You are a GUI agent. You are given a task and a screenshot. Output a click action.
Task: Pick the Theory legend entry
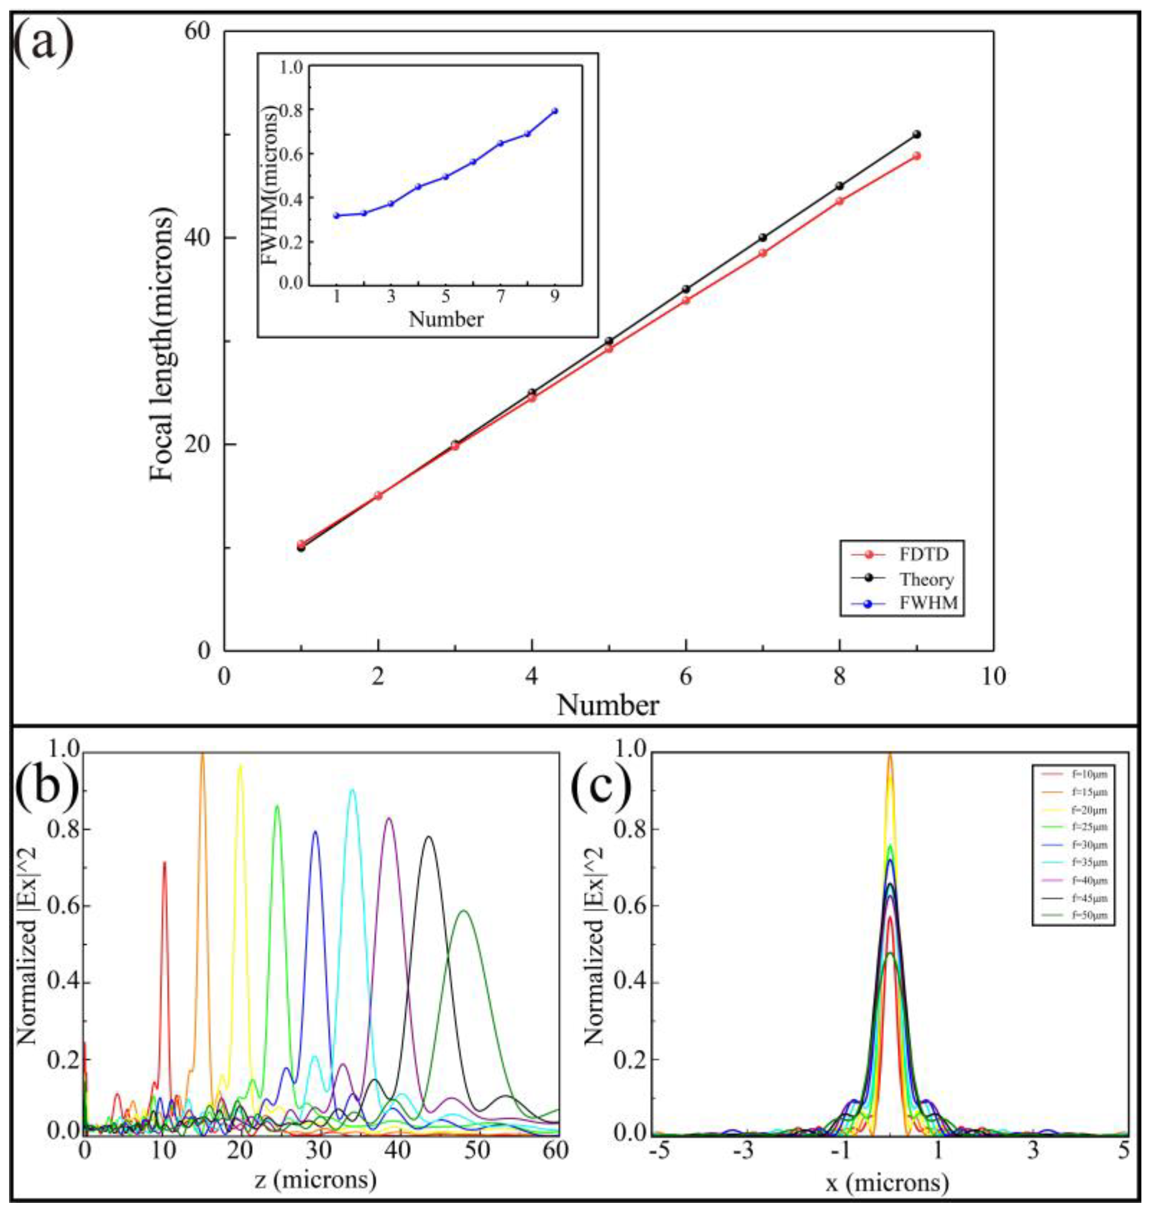[x=926, y=579]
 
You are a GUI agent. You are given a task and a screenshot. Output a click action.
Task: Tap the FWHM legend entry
[x=927, y=604]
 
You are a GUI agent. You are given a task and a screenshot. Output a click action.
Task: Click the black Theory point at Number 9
[x=916, y=134]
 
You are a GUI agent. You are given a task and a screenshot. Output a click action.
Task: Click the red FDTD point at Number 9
[x=916, y=156]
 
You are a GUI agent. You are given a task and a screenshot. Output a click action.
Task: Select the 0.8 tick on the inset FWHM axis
[x=292, y=110]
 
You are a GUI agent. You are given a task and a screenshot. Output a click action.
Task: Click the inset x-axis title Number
[x=445, y=319]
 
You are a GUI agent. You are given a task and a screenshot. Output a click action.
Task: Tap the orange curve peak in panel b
[x=203, y=755]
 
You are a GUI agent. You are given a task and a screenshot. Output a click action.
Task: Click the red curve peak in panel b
[x=164, y=863]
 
